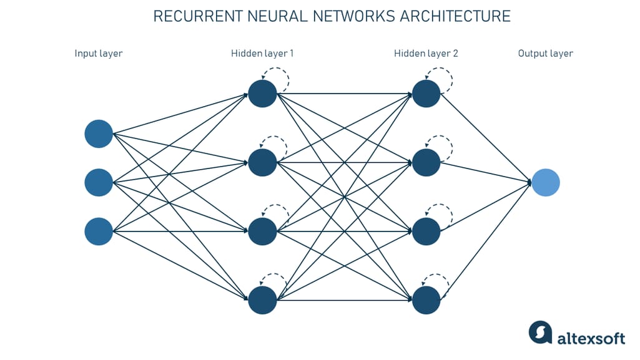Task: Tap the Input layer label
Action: coord(99,53)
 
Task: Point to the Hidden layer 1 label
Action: coord(262,53)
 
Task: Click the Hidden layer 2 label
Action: coord(426,53)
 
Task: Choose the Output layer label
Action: coord(545,53)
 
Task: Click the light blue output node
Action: coord(546,183)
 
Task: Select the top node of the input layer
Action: coord(99,134)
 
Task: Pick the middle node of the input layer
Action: coord(99,182)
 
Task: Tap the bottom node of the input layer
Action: coord(99,231)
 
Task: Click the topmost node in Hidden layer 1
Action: coord(262,94)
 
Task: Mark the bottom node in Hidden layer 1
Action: coord(262,300)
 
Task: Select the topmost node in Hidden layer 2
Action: coord(426,94)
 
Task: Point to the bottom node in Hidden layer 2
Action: coord(426,300)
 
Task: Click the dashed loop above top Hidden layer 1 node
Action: coord(276,77)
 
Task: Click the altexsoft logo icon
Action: coord(541,333)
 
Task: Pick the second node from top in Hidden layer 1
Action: coord(262,163)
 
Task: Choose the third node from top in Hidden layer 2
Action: coord(426,231)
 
